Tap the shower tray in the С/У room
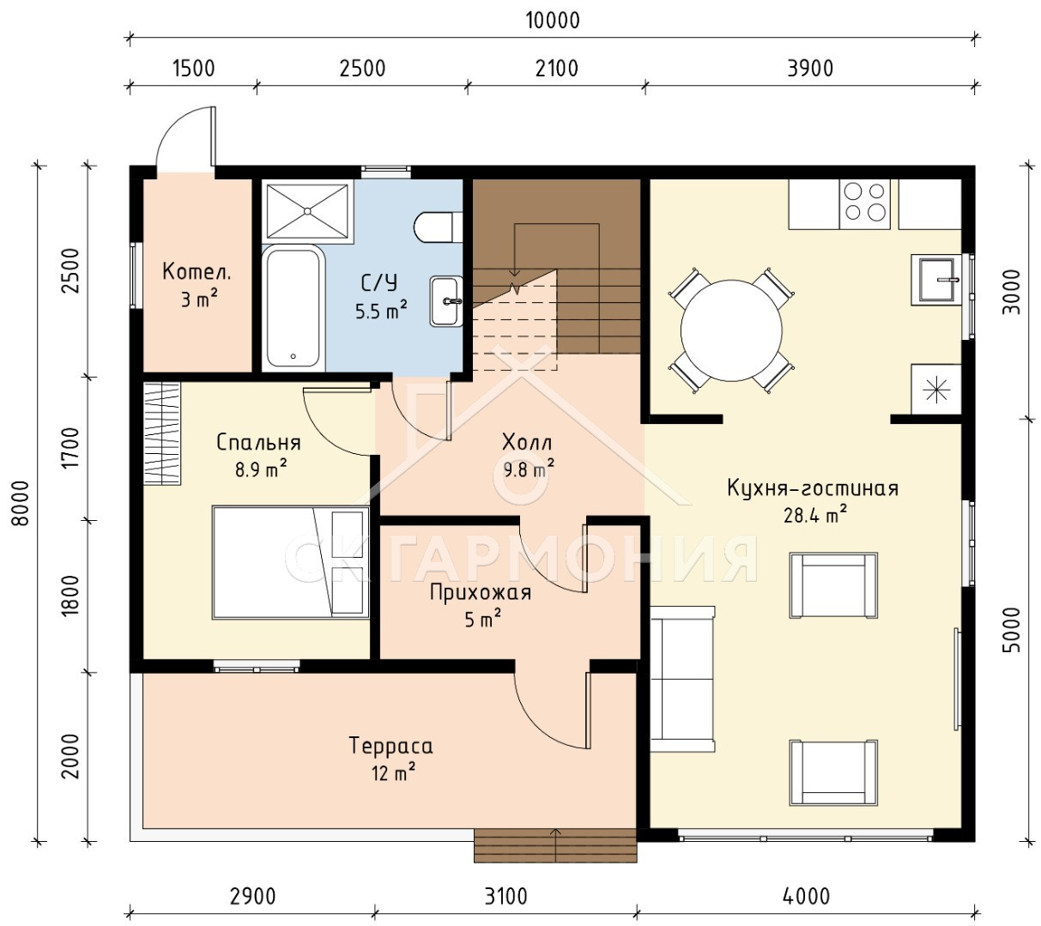tap(307, 210)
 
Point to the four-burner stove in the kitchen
tap(864, 204)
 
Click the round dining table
tap(731, 330)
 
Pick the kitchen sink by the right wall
tap(936, 280)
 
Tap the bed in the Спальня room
tap(291, 562)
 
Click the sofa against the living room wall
tap(682, 679)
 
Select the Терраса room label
tap(391, 745)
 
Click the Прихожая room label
tap(481, 592)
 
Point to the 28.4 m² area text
tap(815, 514)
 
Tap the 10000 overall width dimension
tap(553, 21)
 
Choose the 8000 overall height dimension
tap(21, 504)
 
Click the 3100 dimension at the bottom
tap(506, 896)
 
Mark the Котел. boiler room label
tap(197, 271)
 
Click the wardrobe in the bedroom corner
tap(162, 433)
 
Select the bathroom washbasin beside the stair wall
tap(446, 301)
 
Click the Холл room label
tap(527, 442)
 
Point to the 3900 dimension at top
tap(810, 69)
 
